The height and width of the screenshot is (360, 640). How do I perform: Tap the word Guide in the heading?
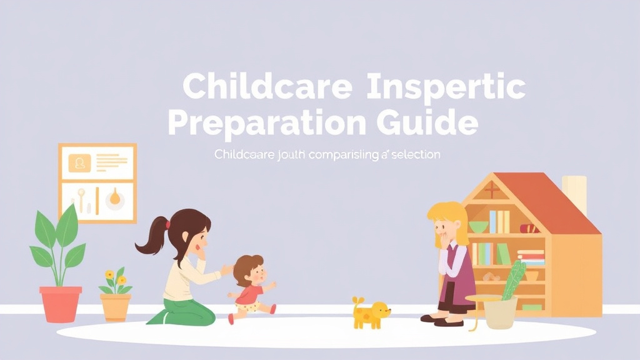click(x=431, y=122)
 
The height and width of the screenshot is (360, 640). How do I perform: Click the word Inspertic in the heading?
click(x=445, y=87)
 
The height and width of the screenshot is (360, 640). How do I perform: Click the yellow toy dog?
click(x=370, y=312)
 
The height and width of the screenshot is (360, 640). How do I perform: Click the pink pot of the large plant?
click(x=61, y=304)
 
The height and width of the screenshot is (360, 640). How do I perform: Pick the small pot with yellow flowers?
click(x=116, y=306)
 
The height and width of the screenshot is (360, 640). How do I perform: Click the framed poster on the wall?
click(x=97, y=182)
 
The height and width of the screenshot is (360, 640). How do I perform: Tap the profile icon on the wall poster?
click(x=79, y=164)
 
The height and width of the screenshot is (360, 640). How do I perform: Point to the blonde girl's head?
click(x=447, y=219)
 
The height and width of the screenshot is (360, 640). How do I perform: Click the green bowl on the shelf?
click(x=479, y=226)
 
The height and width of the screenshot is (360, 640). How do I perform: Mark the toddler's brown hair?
click(x=247, y=266)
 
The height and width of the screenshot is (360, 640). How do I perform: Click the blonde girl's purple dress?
click(x=456, y=284)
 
